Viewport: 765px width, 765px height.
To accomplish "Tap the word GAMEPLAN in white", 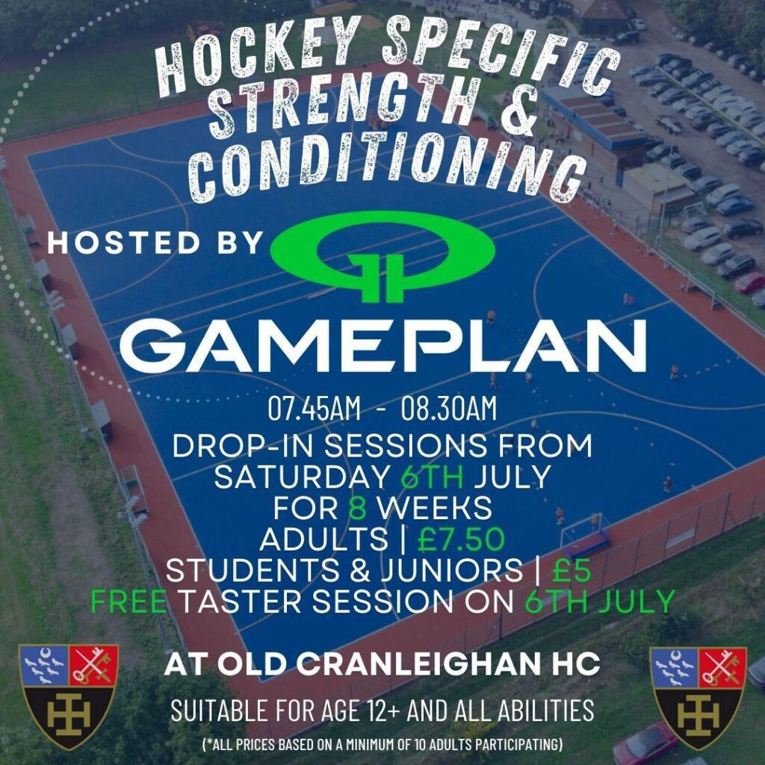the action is (383, 346).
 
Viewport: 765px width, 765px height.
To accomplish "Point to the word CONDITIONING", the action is (388, 169).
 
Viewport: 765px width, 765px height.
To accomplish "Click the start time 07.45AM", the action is (315, 409).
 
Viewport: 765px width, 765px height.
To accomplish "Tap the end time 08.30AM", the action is (449, 409).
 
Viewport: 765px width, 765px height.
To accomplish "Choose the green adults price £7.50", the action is (461, 539).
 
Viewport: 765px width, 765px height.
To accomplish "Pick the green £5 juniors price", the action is (572, 570).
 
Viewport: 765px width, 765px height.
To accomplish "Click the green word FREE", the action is (129, 601).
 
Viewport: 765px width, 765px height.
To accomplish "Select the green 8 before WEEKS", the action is (358, 508).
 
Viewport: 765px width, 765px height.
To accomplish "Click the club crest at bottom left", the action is (68, 696).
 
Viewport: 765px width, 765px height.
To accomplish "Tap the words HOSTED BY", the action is (156, 243).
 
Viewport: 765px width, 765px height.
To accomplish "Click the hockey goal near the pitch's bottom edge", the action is (585, 535).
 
